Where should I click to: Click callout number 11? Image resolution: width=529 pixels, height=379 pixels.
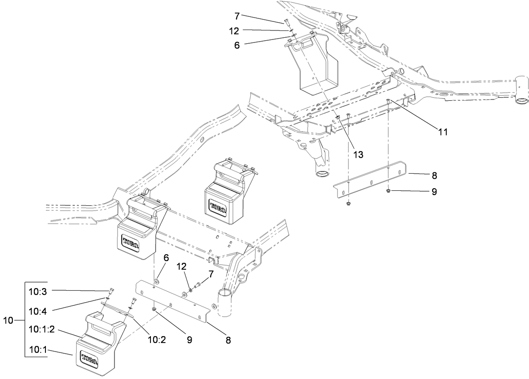443,132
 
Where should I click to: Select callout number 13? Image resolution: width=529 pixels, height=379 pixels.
358,155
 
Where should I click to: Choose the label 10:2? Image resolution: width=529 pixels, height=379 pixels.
156,340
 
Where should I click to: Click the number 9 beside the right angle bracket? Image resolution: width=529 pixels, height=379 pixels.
434,192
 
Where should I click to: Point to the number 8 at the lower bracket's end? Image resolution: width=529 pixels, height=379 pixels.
228,340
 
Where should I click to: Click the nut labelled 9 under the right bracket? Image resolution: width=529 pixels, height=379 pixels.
388,190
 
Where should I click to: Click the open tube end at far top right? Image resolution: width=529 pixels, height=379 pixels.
521,101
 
